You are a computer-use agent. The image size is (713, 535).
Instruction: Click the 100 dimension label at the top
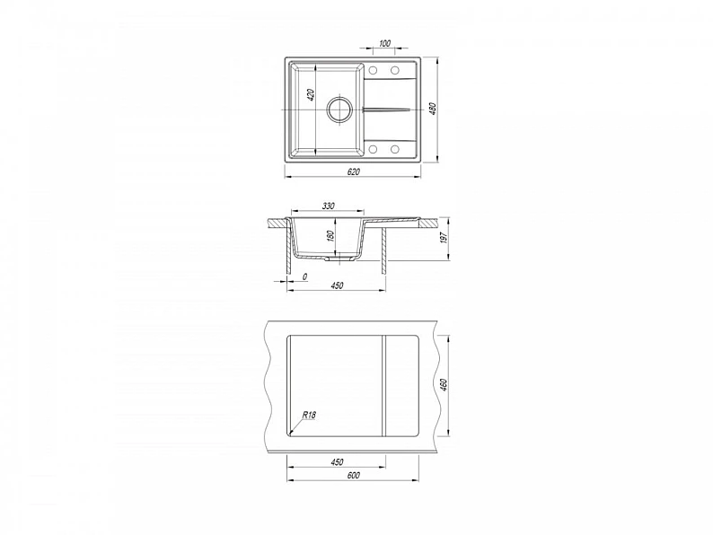[x=384, y=44]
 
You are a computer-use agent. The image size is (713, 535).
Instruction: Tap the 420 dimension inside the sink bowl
[x=311, y=95]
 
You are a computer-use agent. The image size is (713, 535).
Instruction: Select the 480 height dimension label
[x=433, y=109]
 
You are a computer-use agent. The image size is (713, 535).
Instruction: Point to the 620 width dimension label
[x=353, y=171]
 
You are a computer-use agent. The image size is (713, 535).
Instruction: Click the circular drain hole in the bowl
[x=339, y=110]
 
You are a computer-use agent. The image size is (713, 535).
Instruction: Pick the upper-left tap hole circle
[x=374, y=70]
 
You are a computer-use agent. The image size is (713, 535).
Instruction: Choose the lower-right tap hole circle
[x=395, y=149]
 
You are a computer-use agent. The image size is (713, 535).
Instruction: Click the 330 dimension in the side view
[x=328, y=206]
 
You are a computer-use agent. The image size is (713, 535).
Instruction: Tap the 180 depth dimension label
[x=330, y=236]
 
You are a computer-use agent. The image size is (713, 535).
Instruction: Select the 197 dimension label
[x=445, y=237]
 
